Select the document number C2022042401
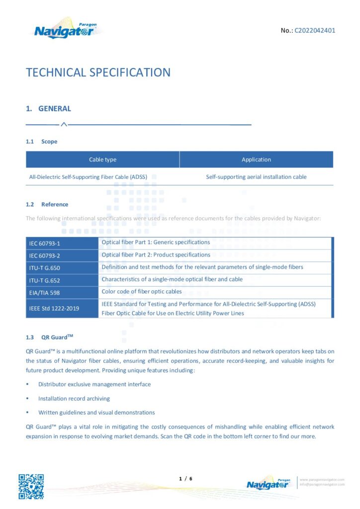coord(315,30)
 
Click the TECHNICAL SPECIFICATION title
coord(98,73)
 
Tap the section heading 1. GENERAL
coord(48,109)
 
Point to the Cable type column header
coord(102,160)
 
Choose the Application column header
coord(256,160)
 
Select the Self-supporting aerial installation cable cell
coord(256,177)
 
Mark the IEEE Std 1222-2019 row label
coord(54,309)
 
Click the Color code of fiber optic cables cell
coord(142,292)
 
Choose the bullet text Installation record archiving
coord(74,399)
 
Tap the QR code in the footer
coord(31,486)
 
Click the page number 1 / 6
coord(185,479)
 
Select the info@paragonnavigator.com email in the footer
coord(322,485)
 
